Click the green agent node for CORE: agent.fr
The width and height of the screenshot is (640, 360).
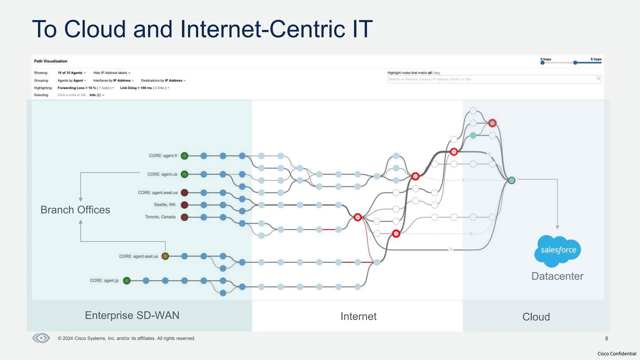click(185, 156)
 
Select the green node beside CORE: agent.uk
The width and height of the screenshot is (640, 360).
click(185, 174)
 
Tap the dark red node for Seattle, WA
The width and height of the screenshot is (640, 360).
click(185, 205)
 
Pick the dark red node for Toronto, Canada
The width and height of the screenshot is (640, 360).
click(185, 217)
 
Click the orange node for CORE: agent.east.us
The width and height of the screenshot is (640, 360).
click(165, 256)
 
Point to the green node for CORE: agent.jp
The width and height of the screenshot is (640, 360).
click(127, 281)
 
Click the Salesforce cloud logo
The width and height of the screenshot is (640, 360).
click(558, 251)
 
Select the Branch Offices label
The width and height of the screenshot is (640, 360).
click(75, 210)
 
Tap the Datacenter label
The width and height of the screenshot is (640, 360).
click(557, 276)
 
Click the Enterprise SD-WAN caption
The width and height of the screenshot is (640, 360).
click(132, 315)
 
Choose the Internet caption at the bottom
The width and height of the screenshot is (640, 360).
click(358, 316)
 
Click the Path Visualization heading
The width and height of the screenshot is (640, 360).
click(51, 61)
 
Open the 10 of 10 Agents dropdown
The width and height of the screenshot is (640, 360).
click(72, 73)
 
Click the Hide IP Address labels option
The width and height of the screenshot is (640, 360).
click(112, 73)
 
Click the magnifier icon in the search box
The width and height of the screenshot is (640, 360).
click(598, 78)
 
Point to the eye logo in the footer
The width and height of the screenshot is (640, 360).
click(41, 338)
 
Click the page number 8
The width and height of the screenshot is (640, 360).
click(607, 338)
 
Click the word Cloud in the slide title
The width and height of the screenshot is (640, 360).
click(95, 29)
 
